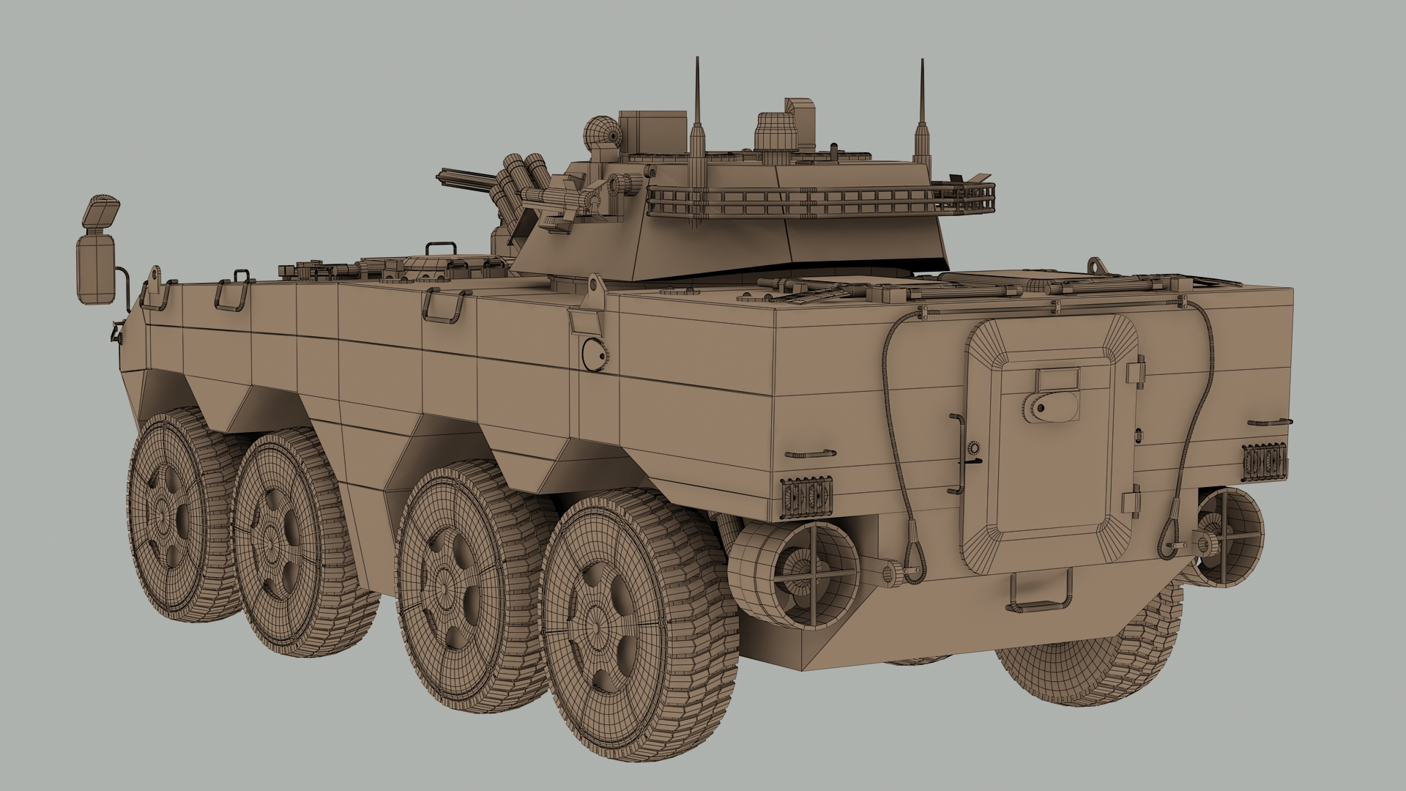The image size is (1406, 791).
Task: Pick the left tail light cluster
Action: click(x=807, y=495)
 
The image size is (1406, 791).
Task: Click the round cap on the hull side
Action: click(x=593, y=353)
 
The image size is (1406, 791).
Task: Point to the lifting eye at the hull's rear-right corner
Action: click(x=1095, y=263)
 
